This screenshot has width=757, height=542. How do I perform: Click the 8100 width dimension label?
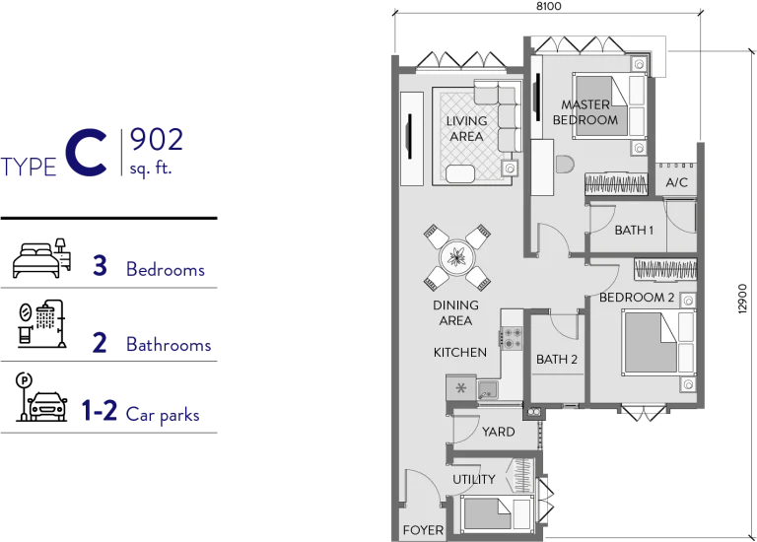549,6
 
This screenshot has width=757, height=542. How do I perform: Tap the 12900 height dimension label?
743,300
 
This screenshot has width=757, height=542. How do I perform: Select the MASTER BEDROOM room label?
585,112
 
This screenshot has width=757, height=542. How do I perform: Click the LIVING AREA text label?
466,129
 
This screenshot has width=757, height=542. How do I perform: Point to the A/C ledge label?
676,182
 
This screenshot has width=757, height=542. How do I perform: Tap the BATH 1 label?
634,231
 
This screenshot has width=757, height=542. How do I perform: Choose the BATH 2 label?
557,359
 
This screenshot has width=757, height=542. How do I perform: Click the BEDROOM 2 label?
637,298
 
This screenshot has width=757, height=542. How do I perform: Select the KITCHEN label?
460,353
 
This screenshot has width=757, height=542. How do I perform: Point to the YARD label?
498,432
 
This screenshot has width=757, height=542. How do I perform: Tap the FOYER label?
423,530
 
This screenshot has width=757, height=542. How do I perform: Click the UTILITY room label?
473,479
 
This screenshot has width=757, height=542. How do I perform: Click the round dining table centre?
456,257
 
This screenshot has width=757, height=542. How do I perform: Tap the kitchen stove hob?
512,338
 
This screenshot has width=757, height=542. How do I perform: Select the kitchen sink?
488,389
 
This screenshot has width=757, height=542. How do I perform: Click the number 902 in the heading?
157,140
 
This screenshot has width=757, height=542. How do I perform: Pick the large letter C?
86,154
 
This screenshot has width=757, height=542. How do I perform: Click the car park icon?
41,397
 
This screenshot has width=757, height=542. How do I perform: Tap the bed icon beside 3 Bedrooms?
41,258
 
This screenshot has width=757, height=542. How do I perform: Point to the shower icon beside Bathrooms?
41,323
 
